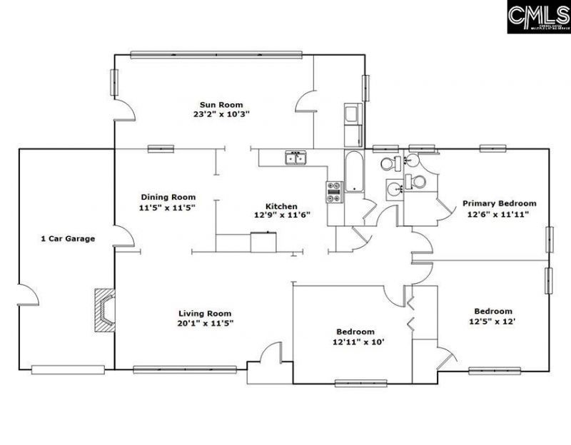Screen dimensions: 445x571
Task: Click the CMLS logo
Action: click(538, 16)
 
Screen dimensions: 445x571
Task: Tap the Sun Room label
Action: click(215, 104)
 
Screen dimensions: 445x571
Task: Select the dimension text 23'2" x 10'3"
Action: click(215, 113)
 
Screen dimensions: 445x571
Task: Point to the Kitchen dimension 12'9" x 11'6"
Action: click(282, 215)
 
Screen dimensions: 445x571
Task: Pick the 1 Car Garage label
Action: click(68, 239)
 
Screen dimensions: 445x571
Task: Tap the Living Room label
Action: click(205, 313)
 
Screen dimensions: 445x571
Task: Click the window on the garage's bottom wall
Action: click(68, 369)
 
